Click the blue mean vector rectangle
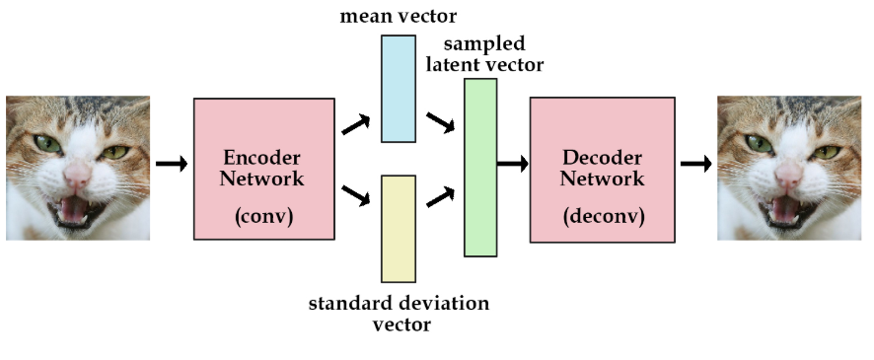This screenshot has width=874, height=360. (399, 89)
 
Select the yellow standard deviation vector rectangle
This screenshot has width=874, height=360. (399, 228)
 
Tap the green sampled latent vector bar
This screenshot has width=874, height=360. (480, 168)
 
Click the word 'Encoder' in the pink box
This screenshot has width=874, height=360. (261, 158)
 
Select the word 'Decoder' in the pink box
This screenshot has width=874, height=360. (603, 158)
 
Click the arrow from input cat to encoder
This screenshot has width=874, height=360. (171, 164)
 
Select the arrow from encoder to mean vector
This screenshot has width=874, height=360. (355, 124)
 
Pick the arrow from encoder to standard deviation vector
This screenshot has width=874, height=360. (355, 194)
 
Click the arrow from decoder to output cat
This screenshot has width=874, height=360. (695, 164)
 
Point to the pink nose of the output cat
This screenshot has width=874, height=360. (788, 177)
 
